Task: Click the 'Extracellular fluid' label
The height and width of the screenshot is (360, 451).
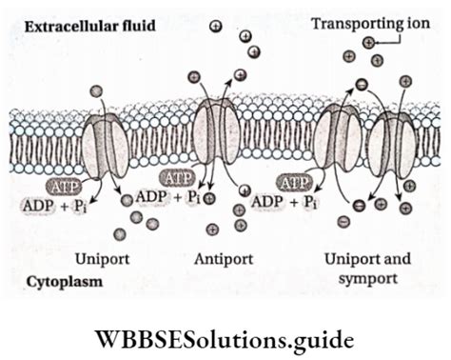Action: [90, 26]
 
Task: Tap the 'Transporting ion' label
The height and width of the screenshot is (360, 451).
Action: [370, 24]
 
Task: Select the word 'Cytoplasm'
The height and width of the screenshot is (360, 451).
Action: [65, 282]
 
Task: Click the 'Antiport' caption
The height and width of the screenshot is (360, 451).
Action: [224, 259]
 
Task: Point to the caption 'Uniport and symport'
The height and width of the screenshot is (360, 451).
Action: [368, 269]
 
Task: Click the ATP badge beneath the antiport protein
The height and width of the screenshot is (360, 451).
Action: [178, 177]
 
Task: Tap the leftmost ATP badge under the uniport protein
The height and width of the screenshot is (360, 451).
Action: [64, 187]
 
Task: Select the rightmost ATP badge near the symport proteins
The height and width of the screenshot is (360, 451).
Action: [294, 183]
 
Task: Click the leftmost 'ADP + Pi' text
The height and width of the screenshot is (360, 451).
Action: [54, 206]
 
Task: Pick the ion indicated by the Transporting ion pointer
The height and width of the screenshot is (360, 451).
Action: [368, 42]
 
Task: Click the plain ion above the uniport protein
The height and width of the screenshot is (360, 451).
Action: [96, 91]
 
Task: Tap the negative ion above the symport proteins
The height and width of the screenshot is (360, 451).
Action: [362, 84]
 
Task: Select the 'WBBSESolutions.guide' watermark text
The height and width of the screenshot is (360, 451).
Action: [225, 340]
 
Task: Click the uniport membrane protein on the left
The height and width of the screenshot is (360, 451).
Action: [106, 146]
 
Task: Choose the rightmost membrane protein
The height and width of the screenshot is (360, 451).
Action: [393, 145]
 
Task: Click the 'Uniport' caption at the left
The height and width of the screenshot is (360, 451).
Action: [103, 259]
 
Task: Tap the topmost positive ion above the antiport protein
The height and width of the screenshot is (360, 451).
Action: [216, 26]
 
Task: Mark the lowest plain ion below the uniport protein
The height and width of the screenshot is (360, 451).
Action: [120, 234]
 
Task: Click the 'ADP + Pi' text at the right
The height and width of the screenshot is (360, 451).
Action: [284, 202]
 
